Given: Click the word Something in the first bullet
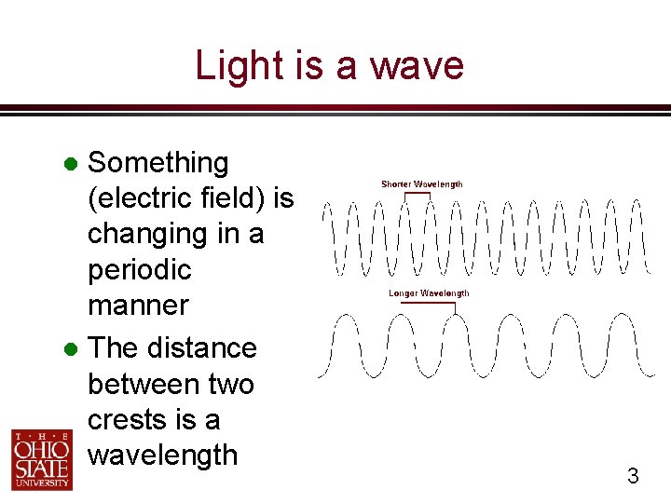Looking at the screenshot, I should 157,163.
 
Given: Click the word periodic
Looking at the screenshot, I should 139,270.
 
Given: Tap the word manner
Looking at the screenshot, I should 137,306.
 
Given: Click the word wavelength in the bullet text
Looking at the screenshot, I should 162,455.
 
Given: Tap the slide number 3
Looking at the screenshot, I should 633,477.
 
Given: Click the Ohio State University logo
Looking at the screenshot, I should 40,459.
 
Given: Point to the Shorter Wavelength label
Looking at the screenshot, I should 421,184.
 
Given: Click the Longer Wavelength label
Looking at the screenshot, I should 429,293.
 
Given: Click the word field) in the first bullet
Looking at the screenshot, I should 231,198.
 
